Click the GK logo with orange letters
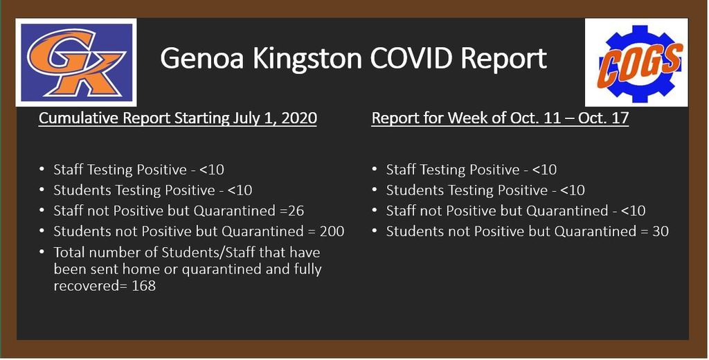[76, 62]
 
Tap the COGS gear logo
[636, 62]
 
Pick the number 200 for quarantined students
[332, 231]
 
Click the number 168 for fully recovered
[144, 286]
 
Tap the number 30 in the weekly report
[660, 231]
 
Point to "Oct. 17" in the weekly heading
[607, 118]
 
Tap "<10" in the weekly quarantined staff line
[633, 210]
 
